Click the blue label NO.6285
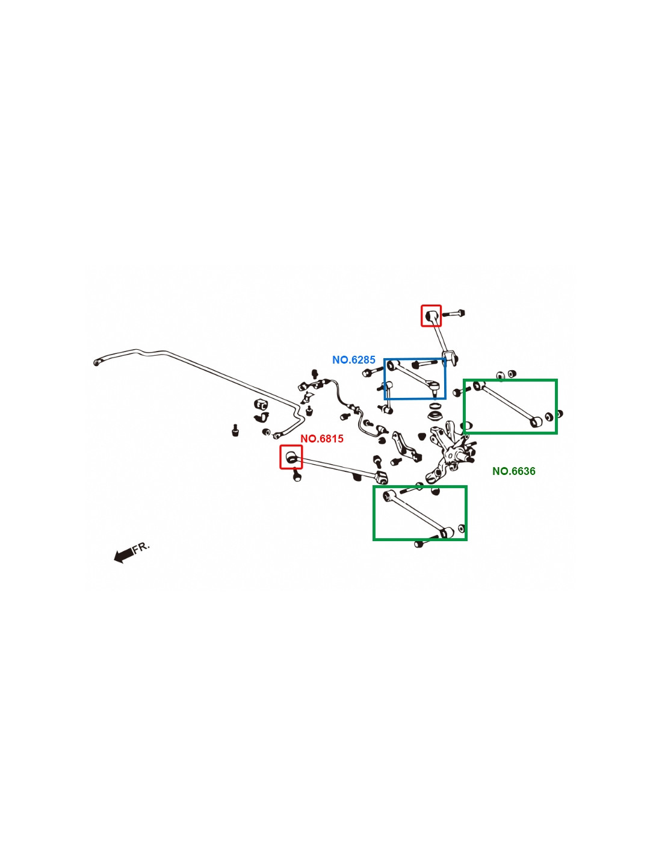pyautogui.click(x=353, y=360)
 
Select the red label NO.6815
pyautogui.click(x=322, y=439)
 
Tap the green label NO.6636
pyautogui.click(x=513, y=471)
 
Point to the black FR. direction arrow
pyautogui.click(x=123, y=555)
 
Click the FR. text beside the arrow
pyautogui.click(x=141, y=547)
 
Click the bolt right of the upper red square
pyautogui.click(x=456, y=313)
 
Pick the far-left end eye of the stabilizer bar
pyautogui.click(x=96, y=362)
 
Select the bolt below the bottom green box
pyautogui.click(x=419, y=544)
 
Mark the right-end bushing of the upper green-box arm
pyautogui.click(x=534, y=421)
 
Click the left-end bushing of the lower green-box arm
pyautogui.click(x=388, y=496)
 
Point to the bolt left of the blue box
pyautogui.click(x=368, y=373)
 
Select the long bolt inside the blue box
pyautogui.click(x=425, y=364)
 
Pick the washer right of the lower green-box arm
pyautogui.click(x=462, y=529)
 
